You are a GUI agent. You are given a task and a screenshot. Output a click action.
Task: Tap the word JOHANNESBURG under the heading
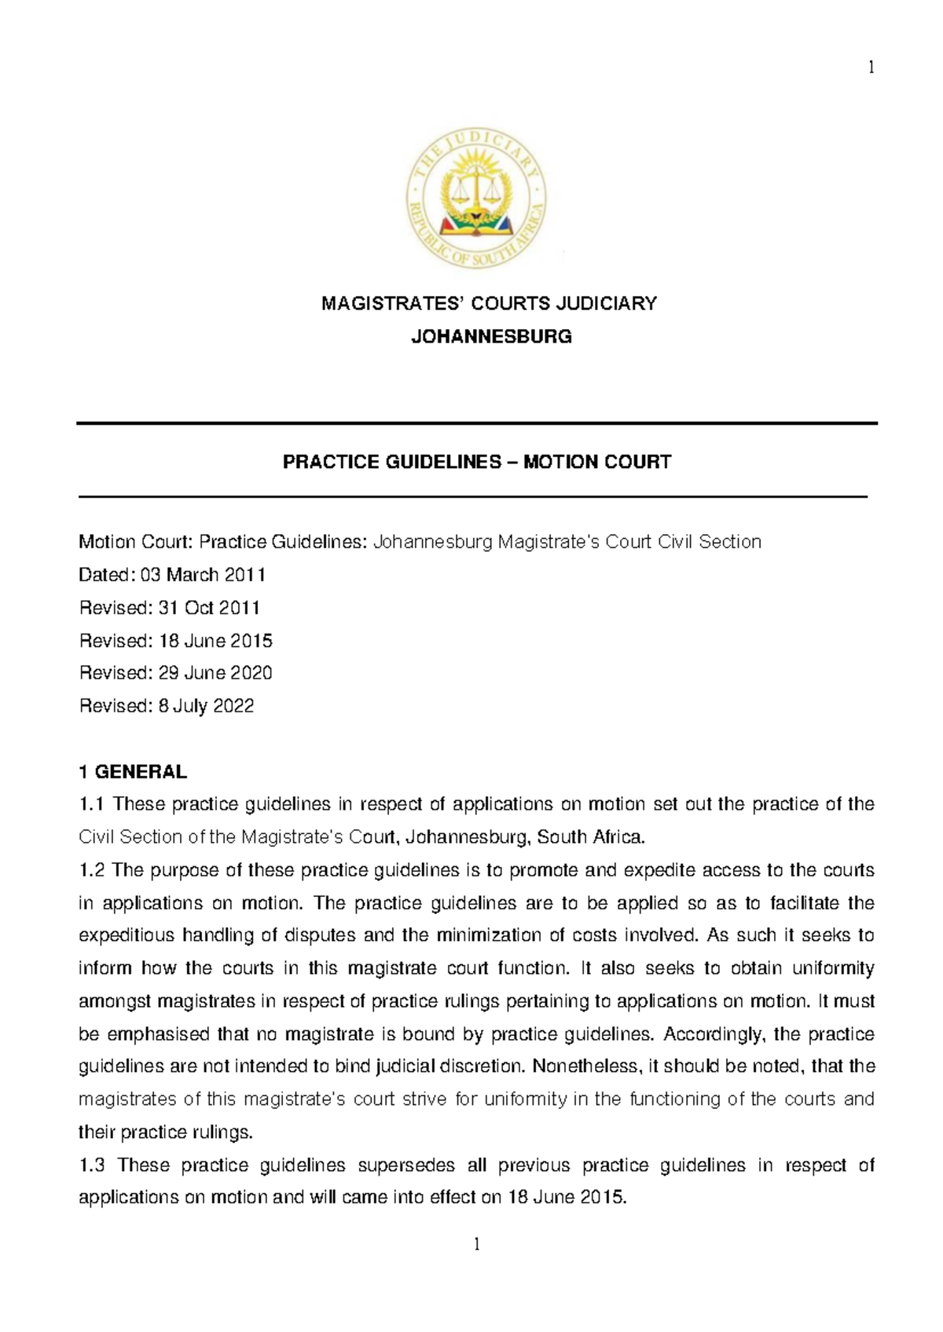(492, 338)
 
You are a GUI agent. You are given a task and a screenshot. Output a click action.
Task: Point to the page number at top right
(871, 68)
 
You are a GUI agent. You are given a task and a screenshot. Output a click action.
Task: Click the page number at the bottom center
(476, 1244)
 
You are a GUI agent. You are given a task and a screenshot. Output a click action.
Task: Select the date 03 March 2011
(203, 575)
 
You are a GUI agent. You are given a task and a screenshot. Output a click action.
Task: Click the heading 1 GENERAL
(133, 772)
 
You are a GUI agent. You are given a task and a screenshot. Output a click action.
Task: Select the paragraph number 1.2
(92, 870)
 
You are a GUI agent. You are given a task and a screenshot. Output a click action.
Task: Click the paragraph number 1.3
(92, 1165)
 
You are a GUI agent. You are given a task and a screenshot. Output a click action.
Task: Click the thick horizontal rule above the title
(476, 424)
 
